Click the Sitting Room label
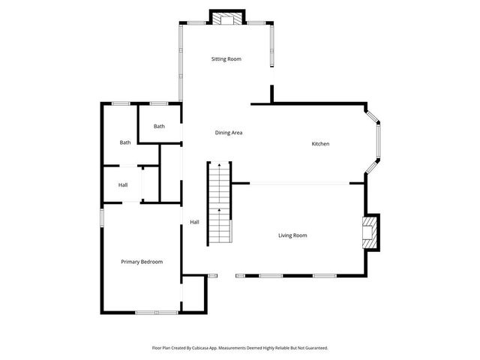pos(226,58)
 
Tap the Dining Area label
pos(229,133)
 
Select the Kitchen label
pos(321,144)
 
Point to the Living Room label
pos(292,235)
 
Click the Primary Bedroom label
pos(142,262)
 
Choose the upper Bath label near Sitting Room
pos(159,126)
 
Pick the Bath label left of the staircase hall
pos(125,142)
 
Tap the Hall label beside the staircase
pos(194,222)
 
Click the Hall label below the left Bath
pos(123,185)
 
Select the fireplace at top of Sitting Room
pos(226,19)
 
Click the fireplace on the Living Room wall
pos(370,232)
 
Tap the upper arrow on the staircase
pos(219,164)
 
